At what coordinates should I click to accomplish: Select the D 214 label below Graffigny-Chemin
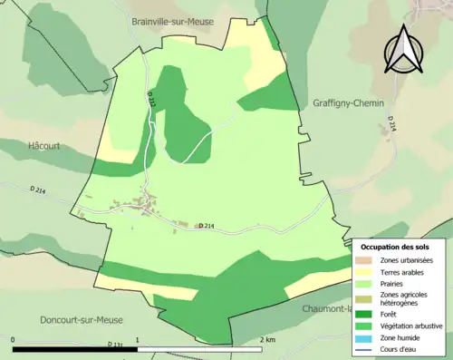point(393,124)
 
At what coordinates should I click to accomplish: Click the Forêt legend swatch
point(366,314)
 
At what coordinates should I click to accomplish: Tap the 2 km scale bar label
point(267,339)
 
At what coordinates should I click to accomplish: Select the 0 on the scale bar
point(14,339)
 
